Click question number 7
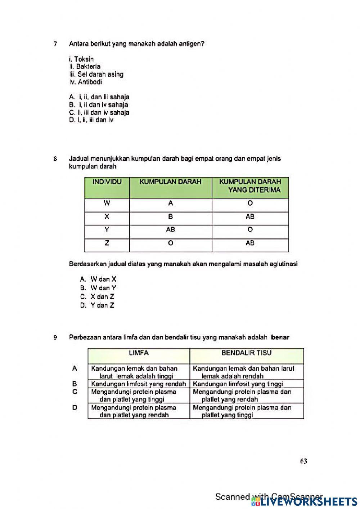[x=55, y=44]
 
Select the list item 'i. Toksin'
[x=81, y=59]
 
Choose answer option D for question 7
[x=91, y=120]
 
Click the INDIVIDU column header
[x=107, y=182]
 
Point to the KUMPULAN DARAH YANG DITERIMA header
[x=250, y=186]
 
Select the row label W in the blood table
[x=107, y=203]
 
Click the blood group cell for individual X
[x=170, y=216]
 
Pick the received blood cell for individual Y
[x=250, y=230]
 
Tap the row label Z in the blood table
[x=107, y=243]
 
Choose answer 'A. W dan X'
[x=98, y=279]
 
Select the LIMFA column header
[x=139, y=353]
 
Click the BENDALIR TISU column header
[x=247, y=353]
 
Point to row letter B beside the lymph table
[x=75, y=384]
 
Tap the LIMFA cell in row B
[x=139, y=384]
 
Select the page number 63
[x=303, y=461]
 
